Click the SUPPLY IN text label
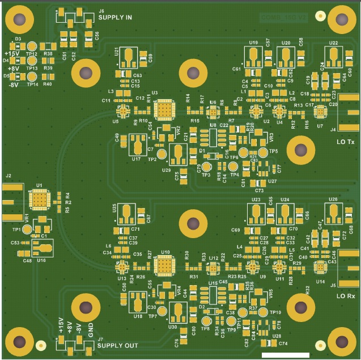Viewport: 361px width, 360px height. point(115,18)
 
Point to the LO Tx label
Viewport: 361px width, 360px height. point(346,141)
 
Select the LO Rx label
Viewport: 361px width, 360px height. point(346,296)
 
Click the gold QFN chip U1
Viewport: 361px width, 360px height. point(39,200)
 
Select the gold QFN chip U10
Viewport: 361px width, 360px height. point(165,265)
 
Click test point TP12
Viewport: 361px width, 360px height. point(32,46)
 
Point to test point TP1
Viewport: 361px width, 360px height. point(26,229)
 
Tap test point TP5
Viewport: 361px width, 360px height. point(263,153)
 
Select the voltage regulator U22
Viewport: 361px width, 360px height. point(334,55)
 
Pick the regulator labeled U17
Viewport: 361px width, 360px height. point(138,145)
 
